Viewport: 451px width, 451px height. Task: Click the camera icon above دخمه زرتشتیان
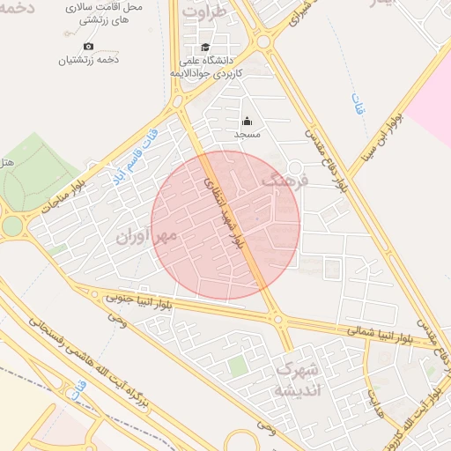(x=88, y=46)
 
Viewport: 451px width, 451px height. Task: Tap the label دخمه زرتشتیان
(x=88, y=61)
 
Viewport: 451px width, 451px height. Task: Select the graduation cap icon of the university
(x=205, y=48)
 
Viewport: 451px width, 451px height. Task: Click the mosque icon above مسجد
(x=247, y=122)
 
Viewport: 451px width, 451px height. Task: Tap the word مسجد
(x=247, y=135)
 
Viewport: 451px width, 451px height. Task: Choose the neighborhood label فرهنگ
(x=284, y=182)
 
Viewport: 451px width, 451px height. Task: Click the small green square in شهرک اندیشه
(x=236, y=365)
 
